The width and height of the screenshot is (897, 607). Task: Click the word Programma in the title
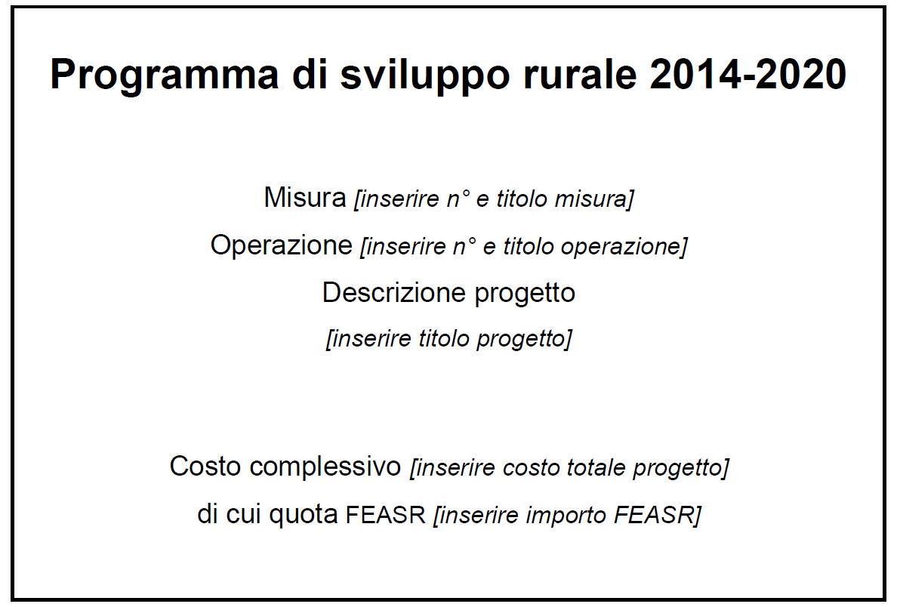coord(165,75)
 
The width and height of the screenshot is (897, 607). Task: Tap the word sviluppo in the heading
coord(425,75)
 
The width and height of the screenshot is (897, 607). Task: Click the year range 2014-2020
coord(748,74)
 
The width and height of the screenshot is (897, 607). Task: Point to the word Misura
coord(305,197)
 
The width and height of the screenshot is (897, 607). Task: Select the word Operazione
coord(282,246)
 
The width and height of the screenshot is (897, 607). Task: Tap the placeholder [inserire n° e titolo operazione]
coord(523,247)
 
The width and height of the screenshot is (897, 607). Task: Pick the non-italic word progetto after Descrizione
coord(525,294)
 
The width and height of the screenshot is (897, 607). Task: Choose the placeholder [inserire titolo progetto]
coord(449,339)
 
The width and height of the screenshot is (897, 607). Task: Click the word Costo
coord(205,466)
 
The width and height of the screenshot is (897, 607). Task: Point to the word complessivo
coord(325,467)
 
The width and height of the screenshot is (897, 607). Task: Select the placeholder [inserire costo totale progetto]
coord(569,468)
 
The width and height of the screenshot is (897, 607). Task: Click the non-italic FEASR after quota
coord(386,515)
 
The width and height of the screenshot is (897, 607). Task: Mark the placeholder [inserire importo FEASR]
coord(567,515)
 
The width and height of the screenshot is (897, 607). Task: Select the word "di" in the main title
coord(310,74)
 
